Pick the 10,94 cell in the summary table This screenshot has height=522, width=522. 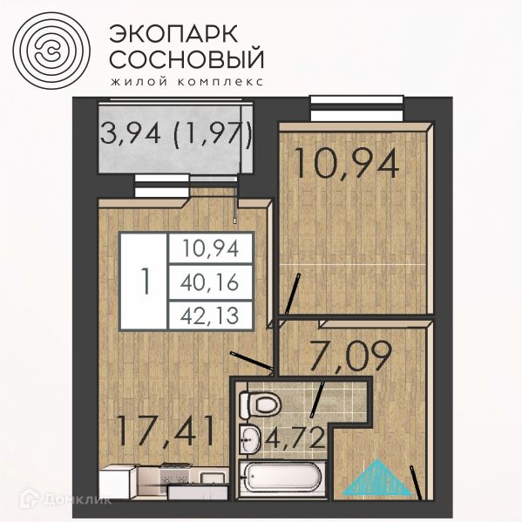(210, 250)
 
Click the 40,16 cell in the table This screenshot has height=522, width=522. (210, 281)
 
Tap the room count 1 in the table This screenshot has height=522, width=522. (145, 281)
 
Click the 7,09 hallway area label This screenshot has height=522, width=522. (349, 356)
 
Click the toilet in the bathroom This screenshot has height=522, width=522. (258, 403)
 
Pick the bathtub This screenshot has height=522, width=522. (278, 480)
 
